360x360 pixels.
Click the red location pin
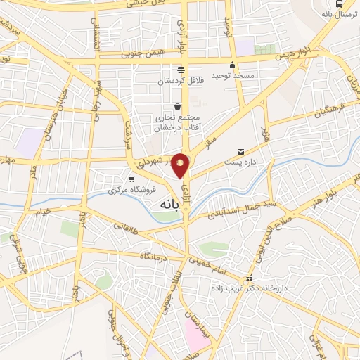tap(181, 165)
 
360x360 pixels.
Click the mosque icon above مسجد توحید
tap(231, 65)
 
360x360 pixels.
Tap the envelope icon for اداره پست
tap(242, 151)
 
